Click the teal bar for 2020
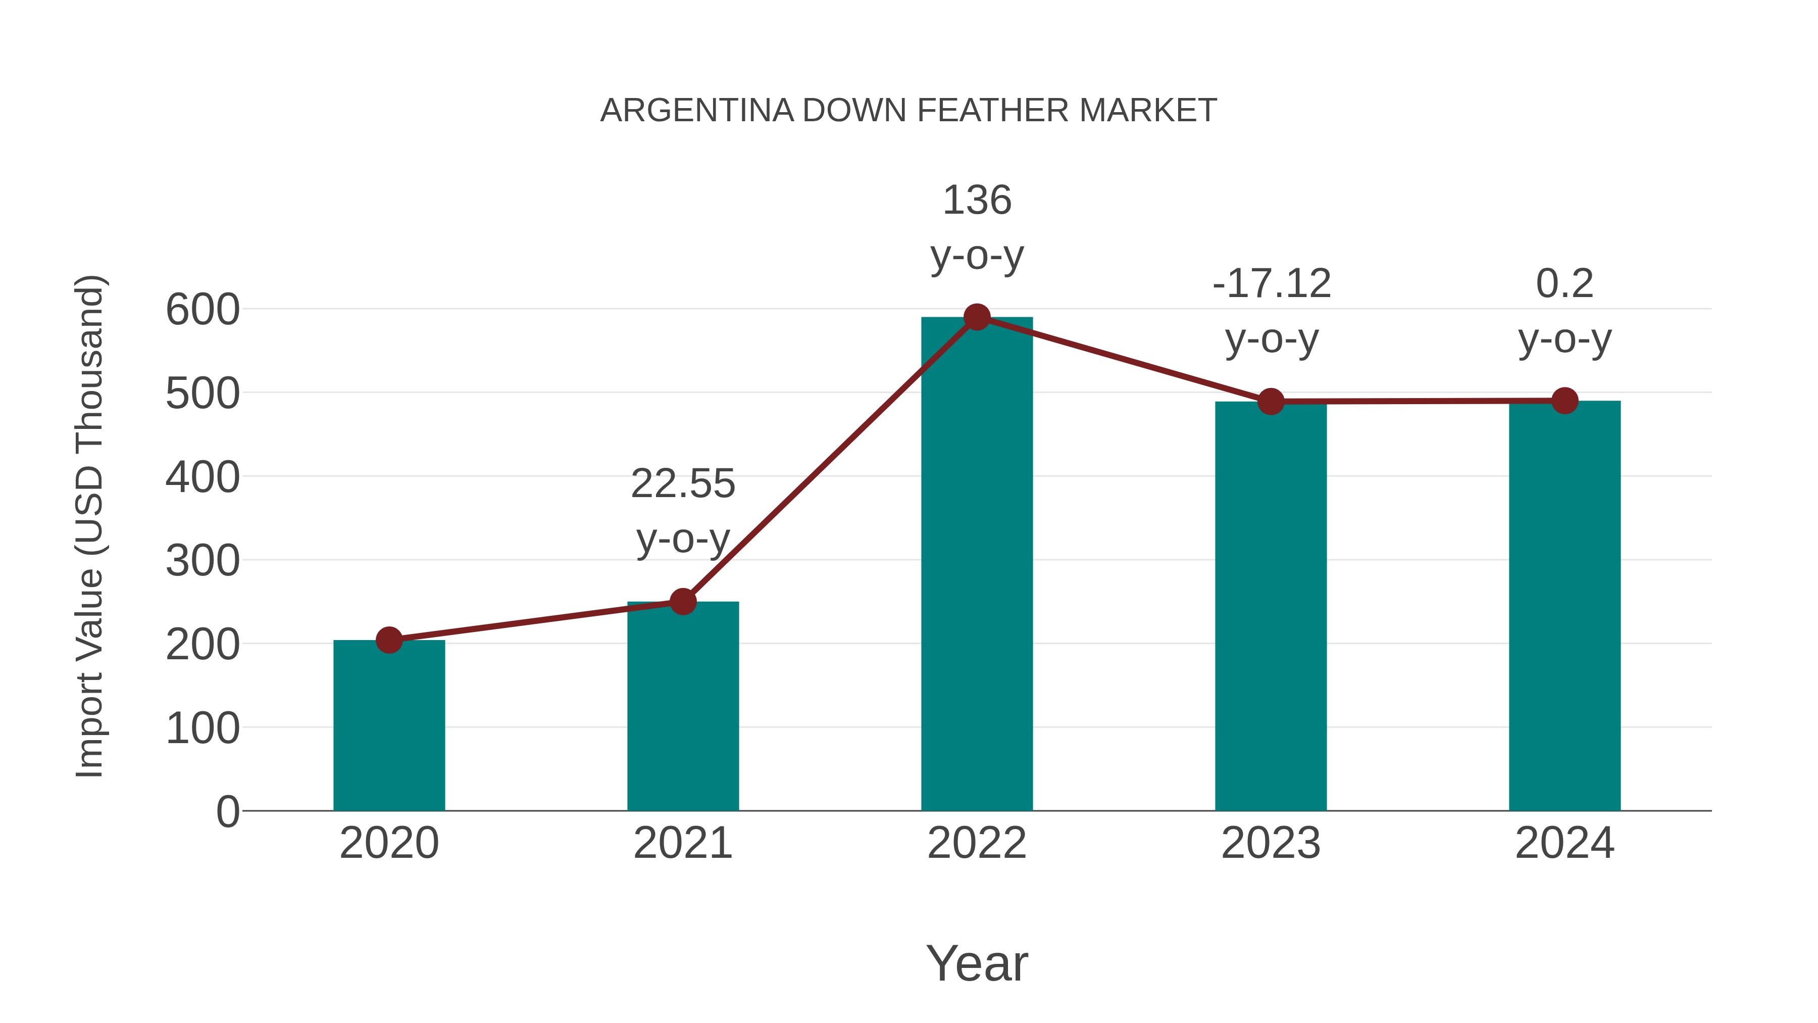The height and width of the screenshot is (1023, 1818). pos(389,727)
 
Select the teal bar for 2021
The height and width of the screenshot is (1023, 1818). pos(682,706)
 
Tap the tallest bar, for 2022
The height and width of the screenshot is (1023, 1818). pos(977,565)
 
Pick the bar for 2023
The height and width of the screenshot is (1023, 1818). pos(1271,607)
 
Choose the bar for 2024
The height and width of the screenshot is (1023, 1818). pos(1564,607)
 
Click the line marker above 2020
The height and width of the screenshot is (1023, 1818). pos(389,641)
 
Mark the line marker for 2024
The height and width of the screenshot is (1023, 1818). pos(1564,401)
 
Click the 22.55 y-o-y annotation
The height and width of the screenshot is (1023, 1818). pos(682,511)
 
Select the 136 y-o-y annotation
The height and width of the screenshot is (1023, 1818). pos(977,227)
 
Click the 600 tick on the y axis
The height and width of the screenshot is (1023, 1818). pos(203,310)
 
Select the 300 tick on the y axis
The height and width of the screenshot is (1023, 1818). pos(203,561)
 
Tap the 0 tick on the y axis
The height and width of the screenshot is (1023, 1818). pos(227,812)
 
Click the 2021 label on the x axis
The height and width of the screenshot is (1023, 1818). pos(682,843)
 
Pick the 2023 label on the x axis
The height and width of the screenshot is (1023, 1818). pos(1271,843)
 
